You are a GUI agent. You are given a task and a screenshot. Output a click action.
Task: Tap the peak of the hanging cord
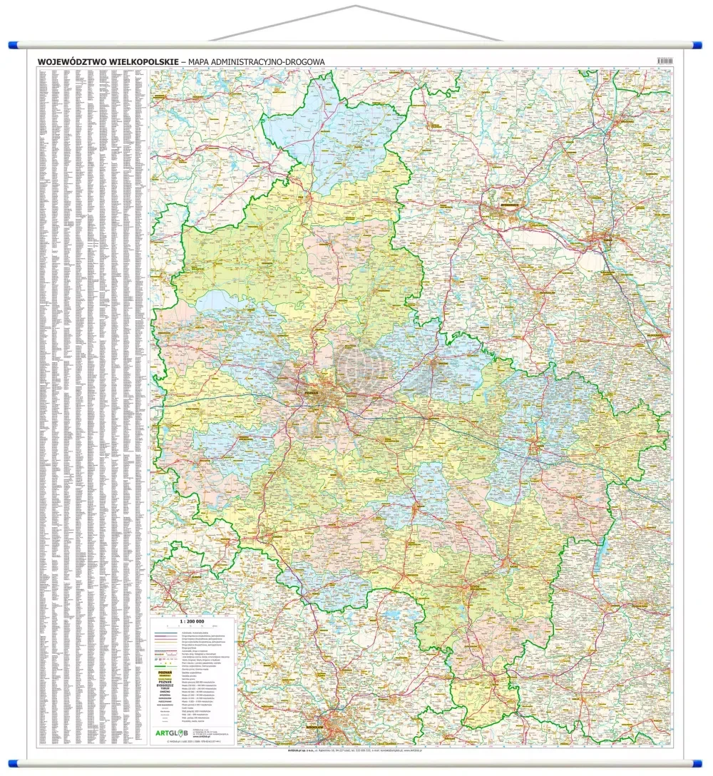coord(354,6)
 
